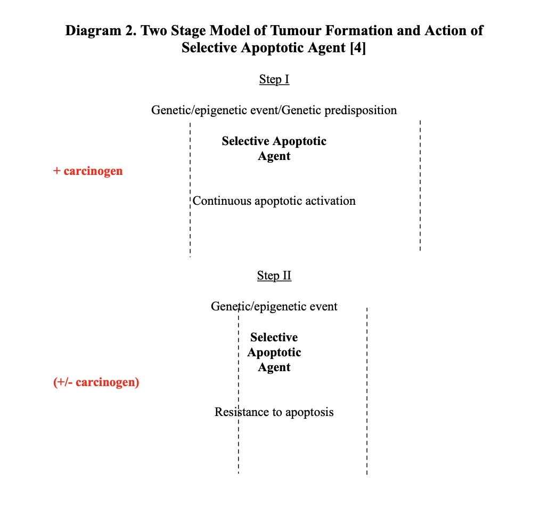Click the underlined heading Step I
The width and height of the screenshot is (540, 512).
(x=274, y=79)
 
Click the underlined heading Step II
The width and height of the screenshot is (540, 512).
(x=274, y=276)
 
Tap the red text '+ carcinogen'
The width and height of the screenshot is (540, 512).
(x=88, y=171)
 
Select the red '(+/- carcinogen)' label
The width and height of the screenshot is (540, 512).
(x=96, y=382)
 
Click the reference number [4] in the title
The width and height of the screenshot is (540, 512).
(x=358, y=47)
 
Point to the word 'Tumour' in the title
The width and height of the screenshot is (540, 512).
(x=296, y=30)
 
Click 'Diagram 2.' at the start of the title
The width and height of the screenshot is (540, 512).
(x=101, y=31)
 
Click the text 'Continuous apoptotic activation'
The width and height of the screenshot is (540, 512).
(x=274, y=201)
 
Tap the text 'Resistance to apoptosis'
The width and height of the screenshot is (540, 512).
(x=274, y=412)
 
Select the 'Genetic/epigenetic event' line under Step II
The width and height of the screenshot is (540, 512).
(x=274, y=306)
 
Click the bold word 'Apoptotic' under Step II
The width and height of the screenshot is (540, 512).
(x=274, y=352)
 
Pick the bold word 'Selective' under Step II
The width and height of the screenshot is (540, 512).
(x=274, y=337)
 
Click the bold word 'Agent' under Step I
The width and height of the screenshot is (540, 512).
(x=274, y=156)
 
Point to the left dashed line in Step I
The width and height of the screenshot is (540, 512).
(x=190, y=190)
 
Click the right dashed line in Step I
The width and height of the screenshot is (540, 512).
(x=420, y=186)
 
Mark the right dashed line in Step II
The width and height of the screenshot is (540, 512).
(x=367, y=391)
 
